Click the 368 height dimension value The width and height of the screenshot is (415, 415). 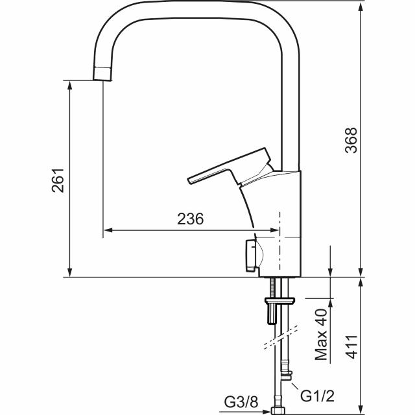(351, 139)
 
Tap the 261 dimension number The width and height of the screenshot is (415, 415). (58, 181)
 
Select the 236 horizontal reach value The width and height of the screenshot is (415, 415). (191, 219)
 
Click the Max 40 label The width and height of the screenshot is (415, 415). (321, 335)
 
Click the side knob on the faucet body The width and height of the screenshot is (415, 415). (250, 255)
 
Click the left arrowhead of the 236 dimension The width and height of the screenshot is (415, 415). (108, 230)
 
